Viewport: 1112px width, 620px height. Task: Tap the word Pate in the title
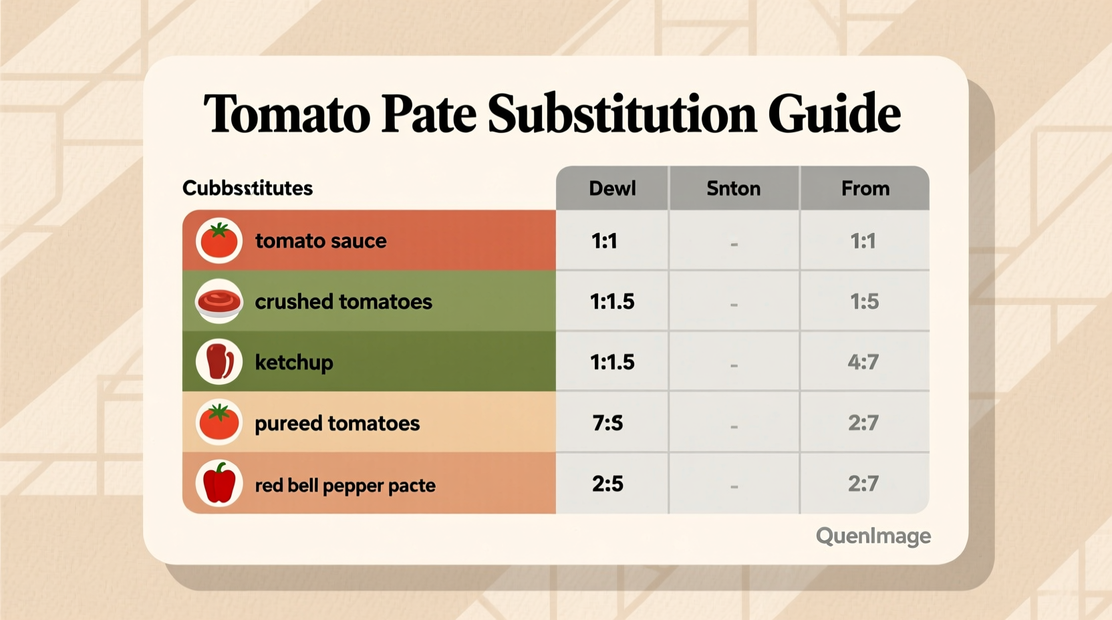[428, 114]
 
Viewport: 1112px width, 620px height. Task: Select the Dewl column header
[612, 188]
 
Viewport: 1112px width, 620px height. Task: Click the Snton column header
[733, 188]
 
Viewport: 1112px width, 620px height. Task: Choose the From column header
[865, 188]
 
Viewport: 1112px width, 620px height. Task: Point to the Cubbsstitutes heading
[247, 188]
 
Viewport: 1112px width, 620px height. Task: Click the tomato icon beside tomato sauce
[219, 241]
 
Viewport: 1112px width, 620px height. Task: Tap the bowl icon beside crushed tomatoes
[219, 302]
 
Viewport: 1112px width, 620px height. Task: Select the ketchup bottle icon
[219, 361]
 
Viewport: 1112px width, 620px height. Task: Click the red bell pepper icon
[219, 483]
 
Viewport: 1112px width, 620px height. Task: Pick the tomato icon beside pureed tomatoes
[219, 422]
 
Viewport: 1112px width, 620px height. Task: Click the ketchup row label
[294, 362]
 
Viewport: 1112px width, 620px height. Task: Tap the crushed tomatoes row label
[343, 302]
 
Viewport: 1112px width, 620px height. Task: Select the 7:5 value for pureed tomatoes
[607, 423]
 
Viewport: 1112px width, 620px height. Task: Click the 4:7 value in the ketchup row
[863, 362]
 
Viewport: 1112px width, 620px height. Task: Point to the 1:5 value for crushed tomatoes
[864, 302]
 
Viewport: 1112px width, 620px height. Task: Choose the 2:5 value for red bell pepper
[607, 484]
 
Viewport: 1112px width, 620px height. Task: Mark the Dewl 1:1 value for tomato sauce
[604, 241]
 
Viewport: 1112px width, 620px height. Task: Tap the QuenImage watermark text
[873, 536]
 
